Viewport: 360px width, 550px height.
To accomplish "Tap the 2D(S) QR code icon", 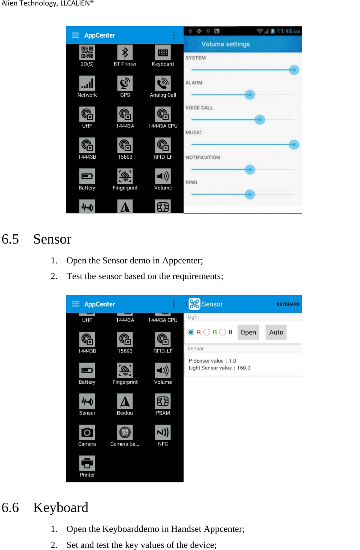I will tap(87, 52).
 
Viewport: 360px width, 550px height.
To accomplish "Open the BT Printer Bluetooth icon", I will tap(125, 52).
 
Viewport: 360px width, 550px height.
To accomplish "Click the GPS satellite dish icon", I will tap(125, 84).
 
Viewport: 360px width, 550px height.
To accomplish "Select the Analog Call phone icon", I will tap(163, 84).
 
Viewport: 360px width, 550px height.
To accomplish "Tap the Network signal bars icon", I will tap(87, 84).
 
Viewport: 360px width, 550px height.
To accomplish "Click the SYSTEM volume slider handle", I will tap(294, 70).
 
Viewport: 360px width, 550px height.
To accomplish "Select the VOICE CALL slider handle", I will tap(260, 120).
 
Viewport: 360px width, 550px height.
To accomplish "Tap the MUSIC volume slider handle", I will tap(294, 145).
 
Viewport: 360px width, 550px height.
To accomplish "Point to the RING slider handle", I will tap(250, 195).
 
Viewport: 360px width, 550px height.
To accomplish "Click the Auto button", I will tap(276, 332).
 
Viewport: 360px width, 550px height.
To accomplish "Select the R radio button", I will tap(191, 332).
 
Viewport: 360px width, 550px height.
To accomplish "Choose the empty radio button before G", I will tap(207, 332).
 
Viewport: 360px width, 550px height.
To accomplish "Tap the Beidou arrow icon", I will tap(125, 401).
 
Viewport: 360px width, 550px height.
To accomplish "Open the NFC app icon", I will tap(163, 432).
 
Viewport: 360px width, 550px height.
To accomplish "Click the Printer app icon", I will tap(87, 463).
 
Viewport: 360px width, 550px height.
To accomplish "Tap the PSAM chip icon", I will tap(163, 401).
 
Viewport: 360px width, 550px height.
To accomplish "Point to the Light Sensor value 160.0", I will tap(219, 368).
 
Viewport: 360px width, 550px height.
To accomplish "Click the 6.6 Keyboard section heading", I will tap(45, 507).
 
